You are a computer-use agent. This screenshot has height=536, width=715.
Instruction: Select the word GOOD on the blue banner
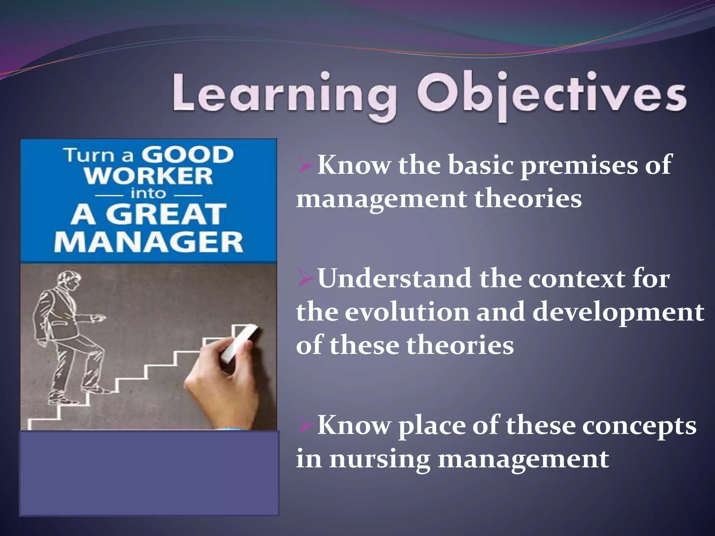click(x=187, y=155)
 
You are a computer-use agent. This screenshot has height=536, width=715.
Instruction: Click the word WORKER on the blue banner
click(x=148, y=176)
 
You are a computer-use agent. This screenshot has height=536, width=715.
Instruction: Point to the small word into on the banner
click(x=148, y=194)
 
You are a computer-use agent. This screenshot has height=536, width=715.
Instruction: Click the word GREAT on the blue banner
click(x=166, y=215)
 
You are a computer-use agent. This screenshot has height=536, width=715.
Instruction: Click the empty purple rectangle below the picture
click(x=149, y=473)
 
